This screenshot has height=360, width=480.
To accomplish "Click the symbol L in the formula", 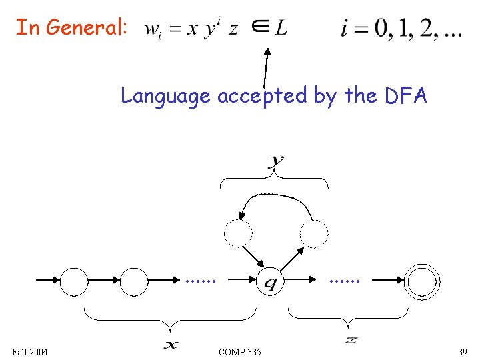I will (x=281, y=28).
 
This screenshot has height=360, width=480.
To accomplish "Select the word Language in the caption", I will (x=165, y=97).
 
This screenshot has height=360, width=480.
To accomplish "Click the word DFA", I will (x=406, y=96).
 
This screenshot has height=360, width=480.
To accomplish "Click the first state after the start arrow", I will (x=74, y=281).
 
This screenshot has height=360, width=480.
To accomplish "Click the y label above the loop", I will (x=275, y=160).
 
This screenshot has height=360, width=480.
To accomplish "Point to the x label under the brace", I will (x=171, y=344).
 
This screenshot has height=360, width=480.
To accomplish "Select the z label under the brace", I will (x=350, y=341).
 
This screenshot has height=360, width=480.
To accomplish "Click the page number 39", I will (x=462, y=351).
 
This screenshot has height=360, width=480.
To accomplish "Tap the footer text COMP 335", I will (x=240, y=351).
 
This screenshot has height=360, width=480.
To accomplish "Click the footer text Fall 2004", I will (x=30, y=351).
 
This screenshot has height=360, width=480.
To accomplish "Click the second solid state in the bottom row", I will (x=134, y=281).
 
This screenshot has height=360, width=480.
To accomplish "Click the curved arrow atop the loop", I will (x=275, y=197).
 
